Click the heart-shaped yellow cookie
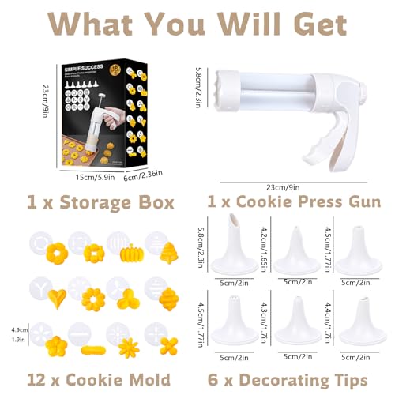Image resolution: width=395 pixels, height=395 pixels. (x=56, y=298)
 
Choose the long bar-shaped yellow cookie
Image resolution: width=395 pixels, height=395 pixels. (x=92, y=345)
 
